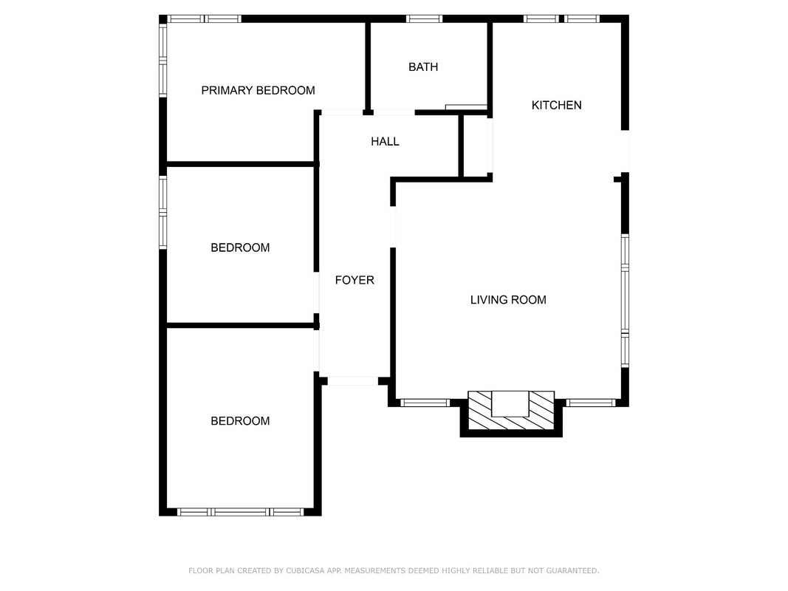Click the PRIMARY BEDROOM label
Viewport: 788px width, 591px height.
coord(258,90)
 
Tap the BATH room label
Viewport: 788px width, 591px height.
coord(423,66)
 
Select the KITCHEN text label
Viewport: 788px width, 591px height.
coord(556,105)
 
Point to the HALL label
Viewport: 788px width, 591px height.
coord(385,142)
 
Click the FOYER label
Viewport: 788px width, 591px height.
coord(354,280)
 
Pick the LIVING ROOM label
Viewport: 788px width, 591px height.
coord(508,300)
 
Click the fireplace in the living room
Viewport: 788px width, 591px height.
coord(511,411)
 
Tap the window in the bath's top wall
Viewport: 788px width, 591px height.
coord(424,19)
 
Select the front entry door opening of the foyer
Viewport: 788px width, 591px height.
coord(353,381)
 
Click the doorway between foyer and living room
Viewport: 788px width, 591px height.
coord(393,227)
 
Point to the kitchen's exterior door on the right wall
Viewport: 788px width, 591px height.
coord(626,151)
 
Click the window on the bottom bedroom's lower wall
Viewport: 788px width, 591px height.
coord(240,512)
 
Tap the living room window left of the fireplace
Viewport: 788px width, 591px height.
coord(425,403)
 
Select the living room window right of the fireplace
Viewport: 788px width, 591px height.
coord(591,403)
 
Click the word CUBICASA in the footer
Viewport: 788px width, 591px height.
coord(305,571)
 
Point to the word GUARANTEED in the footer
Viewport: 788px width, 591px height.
coord(572,571)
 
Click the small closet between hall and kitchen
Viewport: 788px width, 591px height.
coord(476,146)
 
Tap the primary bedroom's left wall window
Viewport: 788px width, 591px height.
coord(162,61)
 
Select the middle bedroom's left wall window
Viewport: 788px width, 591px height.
coord(162,212)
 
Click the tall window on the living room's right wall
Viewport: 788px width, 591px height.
coord(626,301)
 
